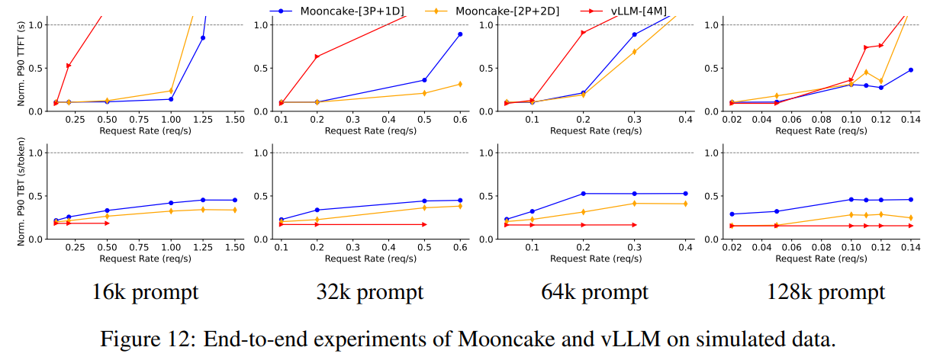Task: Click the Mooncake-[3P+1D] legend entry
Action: click(336, 11)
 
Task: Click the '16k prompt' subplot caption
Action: click(145, 292)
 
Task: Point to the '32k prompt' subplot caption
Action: click(370, 292)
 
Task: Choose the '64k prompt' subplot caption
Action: click(595, 292)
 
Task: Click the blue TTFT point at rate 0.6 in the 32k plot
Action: click(460, 34)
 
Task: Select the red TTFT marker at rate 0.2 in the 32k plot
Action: click(317, 56)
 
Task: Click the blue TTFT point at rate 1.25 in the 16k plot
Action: click(203, 37)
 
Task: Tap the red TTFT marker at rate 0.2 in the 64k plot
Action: click(583, 33)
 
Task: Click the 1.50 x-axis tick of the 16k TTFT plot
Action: click(234, 121)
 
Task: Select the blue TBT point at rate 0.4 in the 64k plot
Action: click(685, 194)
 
